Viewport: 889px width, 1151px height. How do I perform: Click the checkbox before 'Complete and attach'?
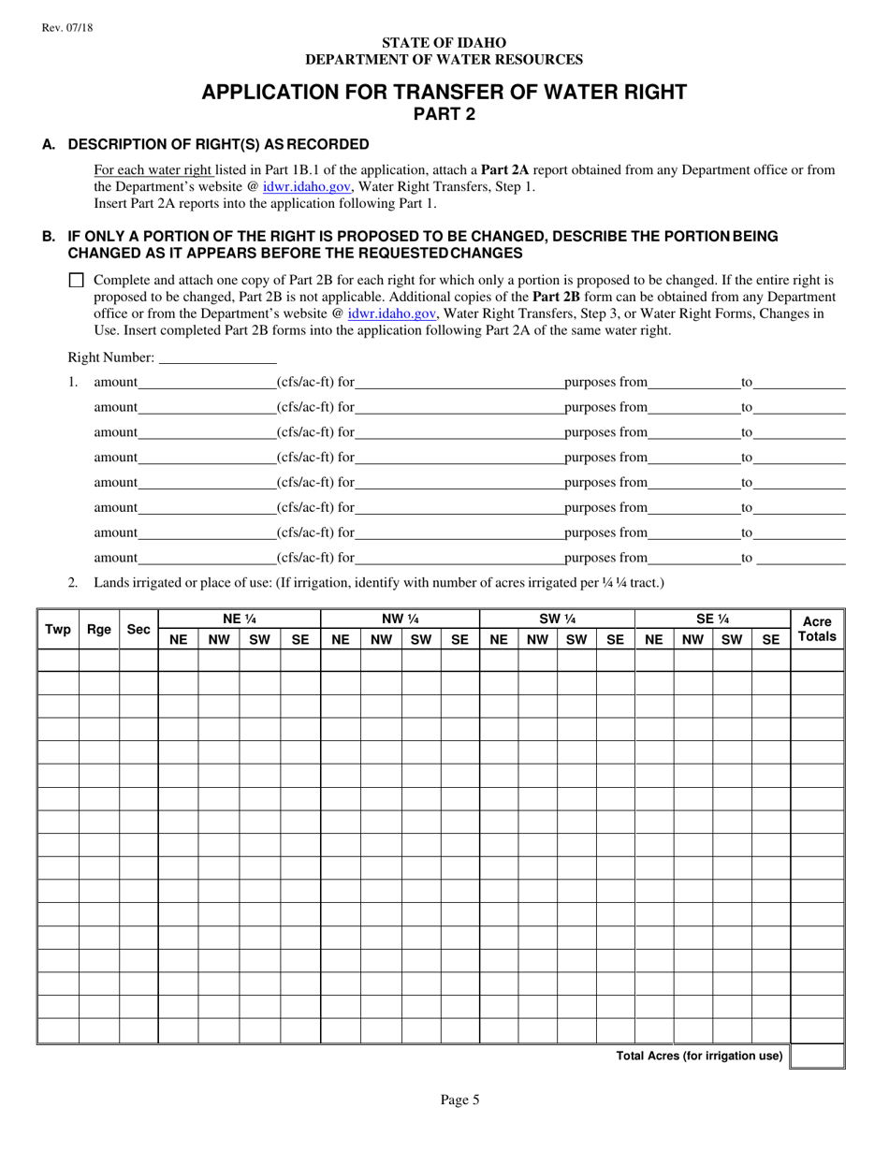pyautogui.click(x=77, y=280)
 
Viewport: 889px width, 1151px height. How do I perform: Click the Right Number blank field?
pyautogui.click(x=217, y=357)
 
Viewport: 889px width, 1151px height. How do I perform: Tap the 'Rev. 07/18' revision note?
pyautogui.click(x=67, y=28)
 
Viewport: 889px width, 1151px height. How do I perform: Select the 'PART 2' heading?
pyautogui.click(x=444, y=114)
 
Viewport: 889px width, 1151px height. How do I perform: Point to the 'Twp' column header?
pyautogui.click(x=58, y=629)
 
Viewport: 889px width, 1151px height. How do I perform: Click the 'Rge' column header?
pyautogui.click(x=99, y=629)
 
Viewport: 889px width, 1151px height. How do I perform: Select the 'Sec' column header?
pyautogui.click(x=138, y=629)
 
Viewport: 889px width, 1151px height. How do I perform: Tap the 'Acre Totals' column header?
pyautogui.click(x=817, y=629)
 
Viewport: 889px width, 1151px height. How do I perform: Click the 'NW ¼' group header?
pyautogui.click(x=400, y=618)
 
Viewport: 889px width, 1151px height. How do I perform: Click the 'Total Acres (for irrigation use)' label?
pyautogui.click(x=699, y=1056)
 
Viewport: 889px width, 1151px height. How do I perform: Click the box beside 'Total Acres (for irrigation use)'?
pyautogui.click(x=818, y=1056)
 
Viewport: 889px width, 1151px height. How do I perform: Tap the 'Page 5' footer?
pyautogui.click(x=459, y=1100)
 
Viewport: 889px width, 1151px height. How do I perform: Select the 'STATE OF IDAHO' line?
pyautogui.click(x=444, y=43)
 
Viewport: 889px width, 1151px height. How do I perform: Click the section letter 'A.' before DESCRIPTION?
pyautogui.click(x=49, y=144)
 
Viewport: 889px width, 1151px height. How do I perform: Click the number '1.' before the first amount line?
pyautogui.click(x=73, y=383)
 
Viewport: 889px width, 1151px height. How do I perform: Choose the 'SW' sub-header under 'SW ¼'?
pyautogui.click(x=576, y=640)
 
